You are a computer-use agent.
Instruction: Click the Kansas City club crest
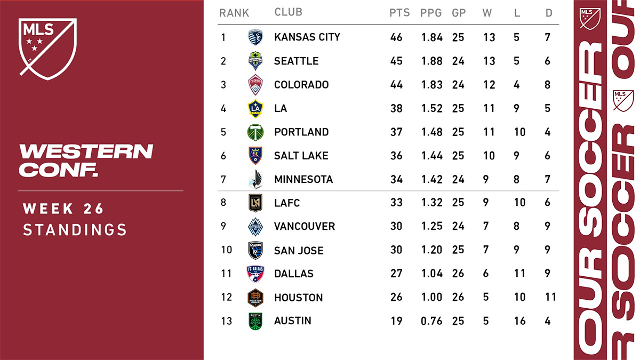click(x=256, y=37)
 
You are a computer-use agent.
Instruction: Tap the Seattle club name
click(x=296, y=61)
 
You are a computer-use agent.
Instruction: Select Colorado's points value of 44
click(x=396, y=85)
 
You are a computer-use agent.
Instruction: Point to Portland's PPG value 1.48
click(x=431, y=132)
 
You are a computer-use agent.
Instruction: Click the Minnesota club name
click(x=303, y=180)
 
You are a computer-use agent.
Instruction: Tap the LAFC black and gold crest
click(x=256, y=203)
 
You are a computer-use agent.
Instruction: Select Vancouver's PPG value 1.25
click(x=431, y=227)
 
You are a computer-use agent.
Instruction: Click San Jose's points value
click(x=396, y=251)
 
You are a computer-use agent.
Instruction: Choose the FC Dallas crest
click(x=256, y=274)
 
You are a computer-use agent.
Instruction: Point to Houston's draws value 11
click(x=551, y=298)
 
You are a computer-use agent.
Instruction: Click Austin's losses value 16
click(x=519, y=321)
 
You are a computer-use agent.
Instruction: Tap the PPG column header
click(x=431, y=13)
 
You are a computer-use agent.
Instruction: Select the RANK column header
click(x=234, y=13)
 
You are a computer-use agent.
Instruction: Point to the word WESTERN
click(x=86, y=151)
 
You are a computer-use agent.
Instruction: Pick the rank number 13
click(x=226, y=321)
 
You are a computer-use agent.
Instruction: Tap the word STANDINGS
click(x=75, y=230)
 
